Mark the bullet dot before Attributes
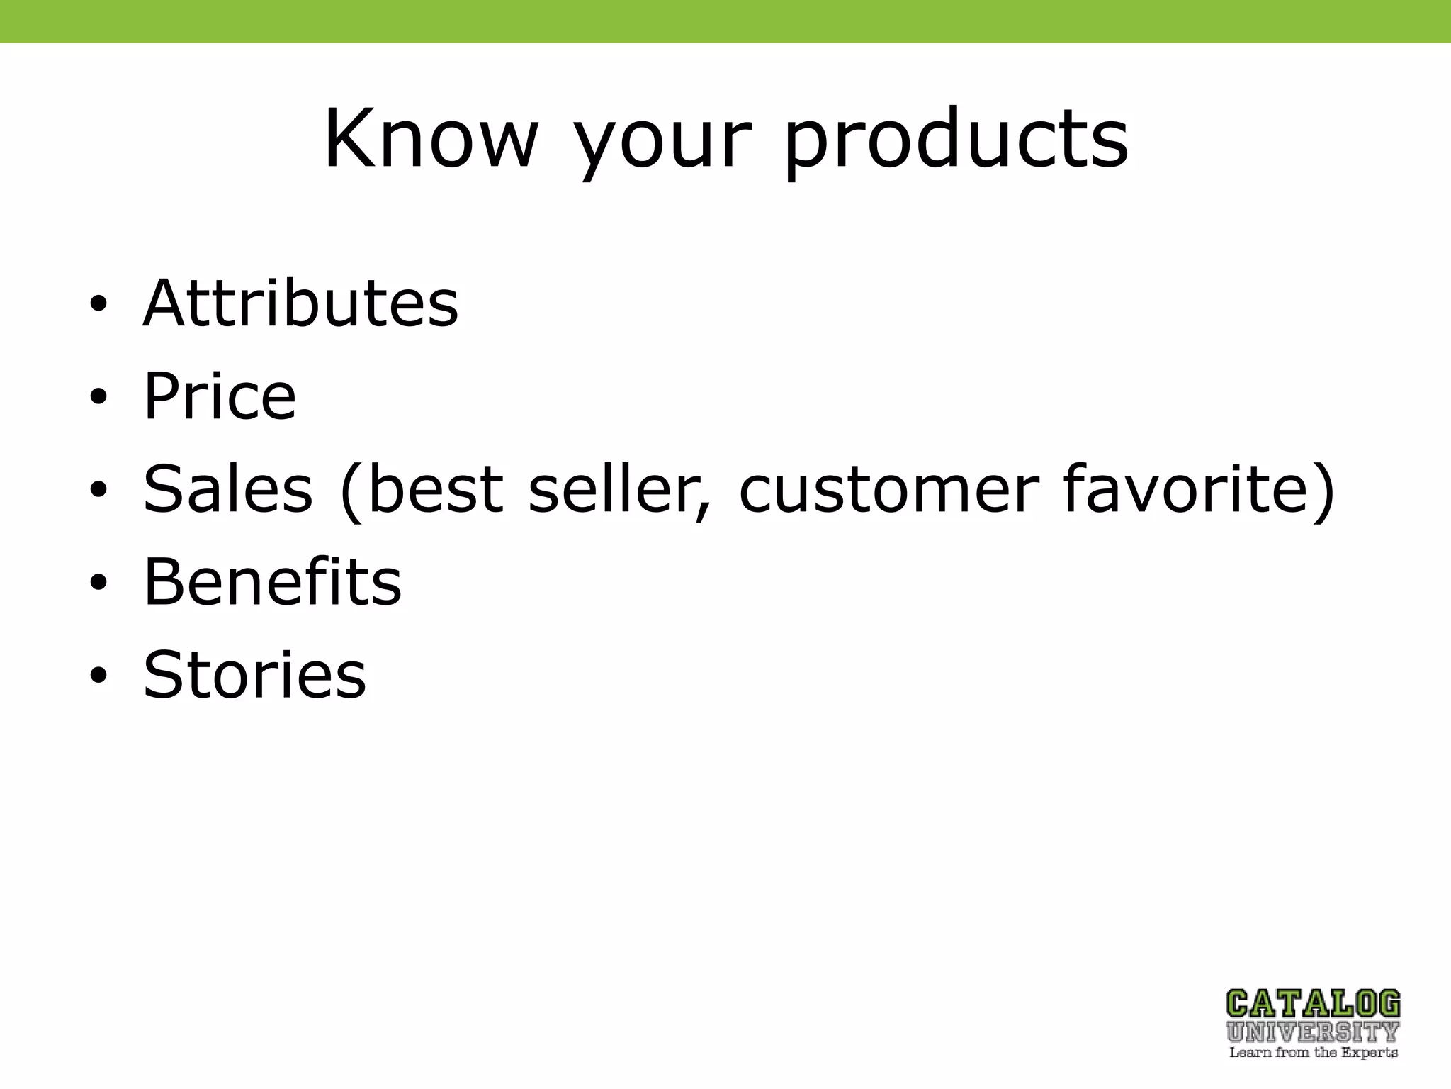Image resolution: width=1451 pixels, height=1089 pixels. click(x=98, y=305)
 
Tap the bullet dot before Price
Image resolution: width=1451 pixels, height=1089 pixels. click(x=98, y=397)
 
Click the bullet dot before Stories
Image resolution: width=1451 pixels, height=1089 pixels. click(x=98, y=675)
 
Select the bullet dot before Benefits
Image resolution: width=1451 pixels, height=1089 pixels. click(x=98, y=583)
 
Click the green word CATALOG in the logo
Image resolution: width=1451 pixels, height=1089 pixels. click(x=1313, y=1005)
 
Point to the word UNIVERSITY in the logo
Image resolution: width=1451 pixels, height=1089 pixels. click(x=1313, y=1032)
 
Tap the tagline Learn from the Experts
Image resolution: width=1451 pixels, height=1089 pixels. click(x=1313, y=1053)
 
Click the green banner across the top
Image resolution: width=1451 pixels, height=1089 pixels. click(x=725, y=21)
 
